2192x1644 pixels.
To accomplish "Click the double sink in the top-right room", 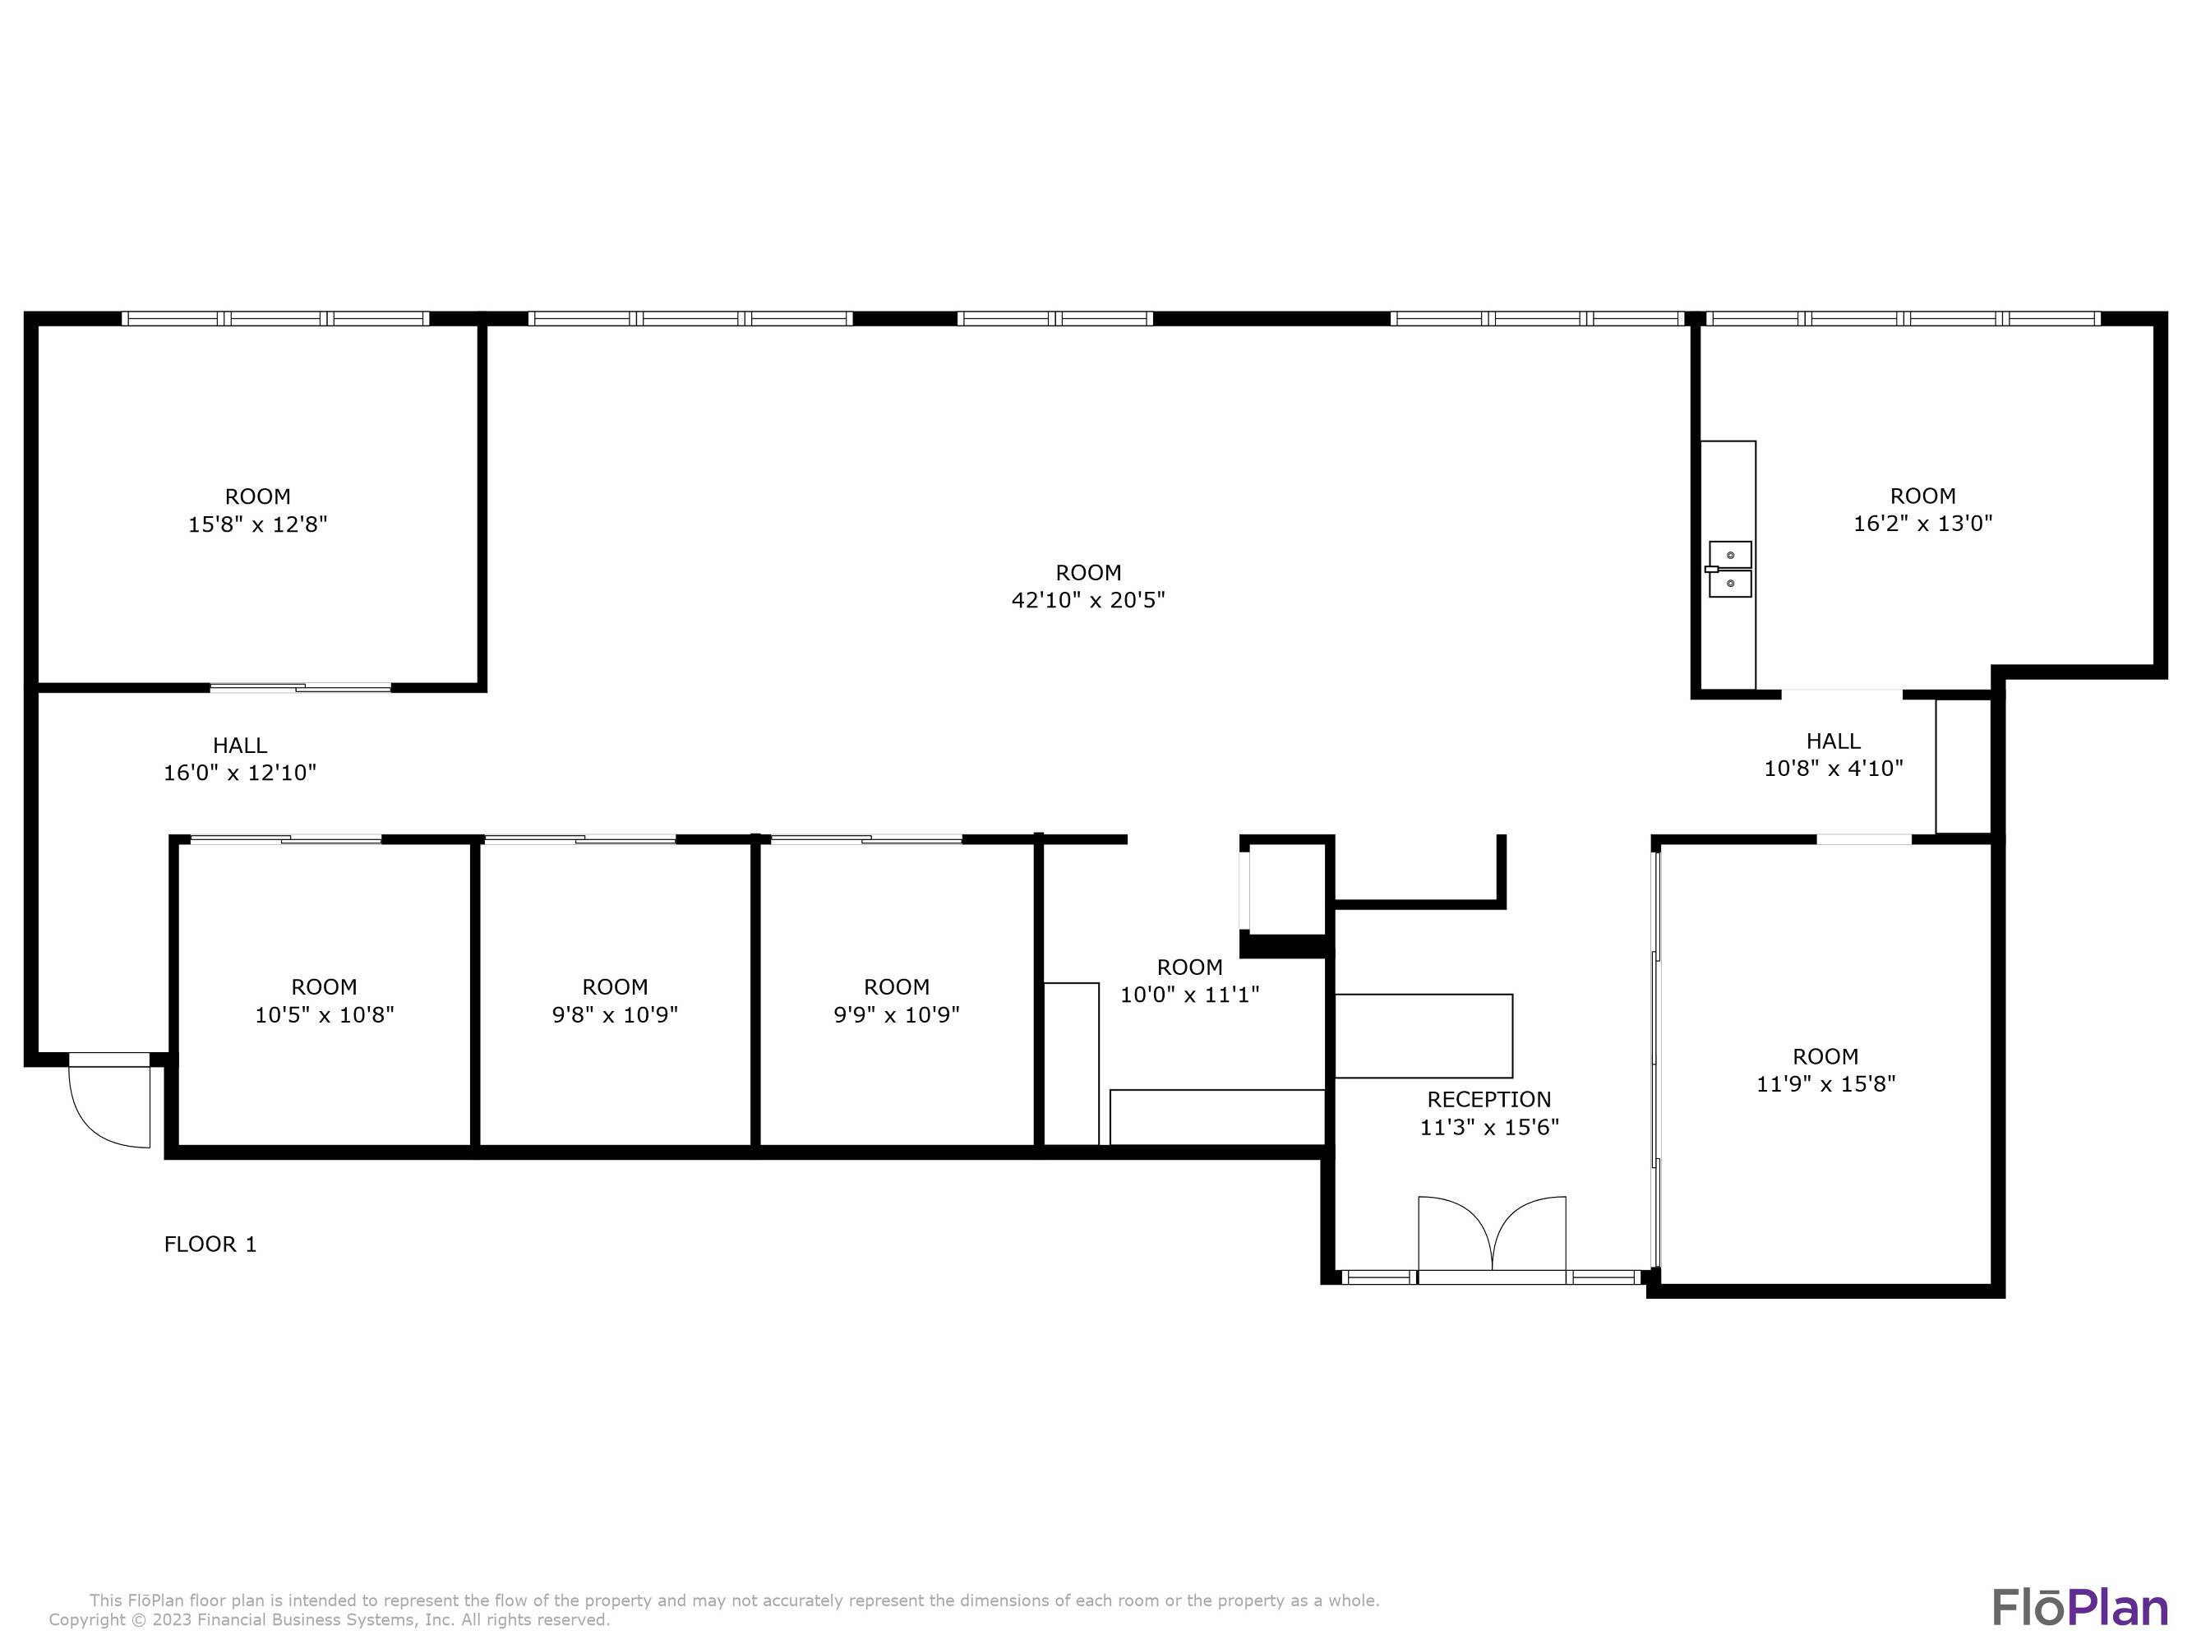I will click(x=1729, y=569).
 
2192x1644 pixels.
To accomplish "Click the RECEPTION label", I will click(x=1488, y=1099).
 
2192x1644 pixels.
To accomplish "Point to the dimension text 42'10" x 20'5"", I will click(x=1088, y=599).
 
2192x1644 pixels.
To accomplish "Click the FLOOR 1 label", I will click(x=210, y=1244).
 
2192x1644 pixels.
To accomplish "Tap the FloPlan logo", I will click(x=2079, y=1607).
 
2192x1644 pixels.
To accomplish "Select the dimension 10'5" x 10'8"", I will click(x=324, y=1014).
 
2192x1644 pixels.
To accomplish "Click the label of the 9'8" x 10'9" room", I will click(x=615, y=986).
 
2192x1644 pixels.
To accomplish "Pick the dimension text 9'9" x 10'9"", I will click(x=896, y=1014).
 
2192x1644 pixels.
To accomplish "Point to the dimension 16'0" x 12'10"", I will click(x=240, y=772).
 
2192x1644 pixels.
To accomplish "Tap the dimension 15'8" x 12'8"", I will click(x=257, y=524).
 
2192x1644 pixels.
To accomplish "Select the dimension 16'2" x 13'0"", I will click(x=1922, y=524).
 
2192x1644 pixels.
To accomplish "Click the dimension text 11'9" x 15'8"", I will click(x=1825, y=1083).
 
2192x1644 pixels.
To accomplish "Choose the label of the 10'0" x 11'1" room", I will click(x=1189, y=966).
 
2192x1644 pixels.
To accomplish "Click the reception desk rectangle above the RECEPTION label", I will click(x=1423, y=1036).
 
